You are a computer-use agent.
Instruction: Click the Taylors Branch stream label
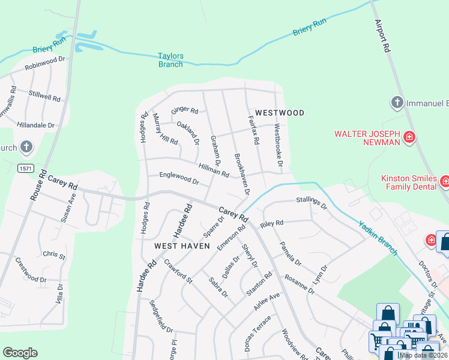170,60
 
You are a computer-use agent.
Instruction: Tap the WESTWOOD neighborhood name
279,113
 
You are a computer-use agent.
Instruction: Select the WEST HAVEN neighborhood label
182,246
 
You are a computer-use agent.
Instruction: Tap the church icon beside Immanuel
396,103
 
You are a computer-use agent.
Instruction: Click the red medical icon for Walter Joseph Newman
409,138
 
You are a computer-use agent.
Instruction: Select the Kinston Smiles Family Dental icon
445,181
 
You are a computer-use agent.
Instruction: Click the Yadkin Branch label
378,238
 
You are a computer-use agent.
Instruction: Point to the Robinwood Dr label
44,64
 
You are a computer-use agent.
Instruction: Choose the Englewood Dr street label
179,178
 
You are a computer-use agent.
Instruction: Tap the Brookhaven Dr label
241,173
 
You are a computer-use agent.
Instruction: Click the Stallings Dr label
312,203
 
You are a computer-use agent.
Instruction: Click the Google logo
20,353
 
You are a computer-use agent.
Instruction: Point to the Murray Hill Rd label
165,130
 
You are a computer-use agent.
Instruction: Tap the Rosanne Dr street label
300,281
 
